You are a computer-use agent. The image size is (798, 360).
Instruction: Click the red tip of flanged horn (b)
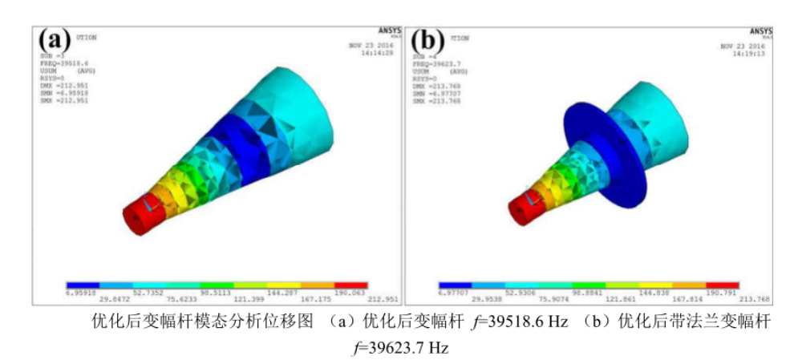(x=522, y=212)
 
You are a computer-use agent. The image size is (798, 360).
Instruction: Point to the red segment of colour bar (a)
(x=350, y=285)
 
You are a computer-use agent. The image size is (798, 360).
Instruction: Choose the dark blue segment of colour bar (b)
(x=455, y=285)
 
